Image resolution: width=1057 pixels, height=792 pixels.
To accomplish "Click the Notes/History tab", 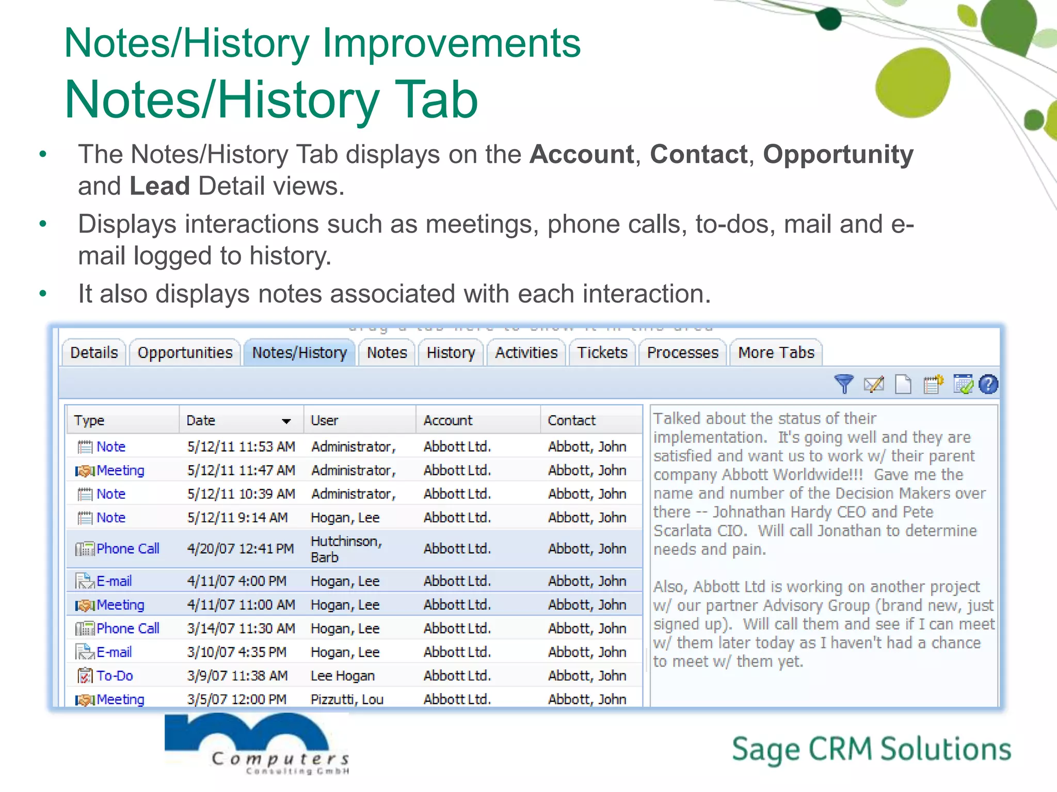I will point(299,353).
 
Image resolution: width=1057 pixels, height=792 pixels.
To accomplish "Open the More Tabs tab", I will point(776,353).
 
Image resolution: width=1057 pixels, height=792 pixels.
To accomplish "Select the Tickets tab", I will point(602,353).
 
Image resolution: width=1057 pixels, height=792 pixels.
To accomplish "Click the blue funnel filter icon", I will point(844,384).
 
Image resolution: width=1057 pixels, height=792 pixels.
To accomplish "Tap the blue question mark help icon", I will point(988,384).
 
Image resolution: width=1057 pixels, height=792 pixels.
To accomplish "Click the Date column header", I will point(201,421).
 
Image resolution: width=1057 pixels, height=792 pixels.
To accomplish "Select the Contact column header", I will point(571,421).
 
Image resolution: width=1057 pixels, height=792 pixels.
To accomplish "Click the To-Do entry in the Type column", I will point(115,675).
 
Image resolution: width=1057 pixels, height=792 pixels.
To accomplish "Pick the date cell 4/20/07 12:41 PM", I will point(240,549).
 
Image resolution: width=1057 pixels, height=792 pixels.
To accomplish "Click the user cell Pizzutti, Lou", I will point(347,699).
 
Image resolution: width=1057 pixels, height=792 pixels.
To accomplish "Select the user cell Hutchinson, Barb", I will point(346,549).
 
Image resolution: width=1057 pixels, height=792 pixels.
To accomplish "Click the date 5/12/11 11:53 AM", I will point(241,447).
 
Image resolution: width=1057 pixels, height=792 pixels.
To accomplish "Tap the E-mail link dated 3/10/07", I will point(114,652).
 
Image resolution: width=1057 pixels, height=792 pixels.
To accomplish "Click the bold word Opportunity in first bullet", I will point(838,154).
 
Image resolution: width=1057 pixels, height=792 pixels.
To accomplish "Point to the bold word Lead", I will point(159,186).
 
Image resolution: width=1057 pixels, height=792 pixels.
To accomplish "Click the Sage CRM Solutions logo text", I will point(871,750).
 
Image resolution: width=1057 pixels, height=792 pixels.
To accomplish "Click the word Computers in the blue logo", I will point(280,758).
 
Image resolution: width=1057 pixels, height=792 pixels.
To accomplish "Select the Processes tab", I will point(682,353).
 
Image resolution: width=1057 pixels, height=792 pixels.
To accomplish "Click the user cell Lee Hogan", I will point(343,675).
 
